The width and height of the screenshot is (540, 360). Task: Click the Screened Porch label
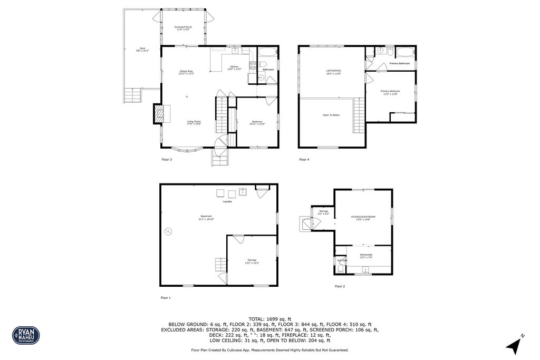(x=183, y=28)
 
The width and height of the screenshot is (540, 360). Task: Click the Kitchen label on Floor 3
(x=234, y=67)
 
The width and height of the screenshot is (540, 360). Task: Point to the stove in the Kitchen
(x=253, y=66)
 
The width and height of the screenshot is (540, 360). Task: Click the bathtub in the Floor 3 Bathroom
(x=267, y=53)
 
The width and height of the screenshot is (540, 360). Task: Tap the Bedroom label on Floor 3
(x=257, y=123)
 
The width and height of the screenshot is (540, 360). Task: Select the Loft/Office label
(x=333, y=72)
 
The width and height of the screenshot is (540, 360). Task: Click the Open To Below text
(x=331, y=115)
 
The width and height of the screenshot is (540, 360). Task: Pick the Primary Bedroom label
(x=390, y=92)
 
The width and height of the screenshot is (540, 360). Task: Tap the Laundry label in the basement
(x=228, y=201)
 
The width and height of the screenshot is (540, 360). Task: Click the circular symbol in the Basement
(x=168, y=231)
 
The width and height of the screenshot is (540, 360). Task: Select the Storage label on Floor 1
(x=252, y=261)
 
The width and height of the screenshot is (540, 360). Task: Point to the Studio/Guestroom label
(x=363, y=217)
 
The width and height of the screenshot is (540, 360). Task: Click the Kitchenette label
(x=366, y=256)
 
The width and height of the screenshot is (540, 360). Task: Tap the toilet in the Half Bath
(x=341, y=269)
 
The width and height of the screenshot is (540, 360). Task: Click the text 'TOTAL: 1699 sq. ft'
(x=269, y=319)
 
